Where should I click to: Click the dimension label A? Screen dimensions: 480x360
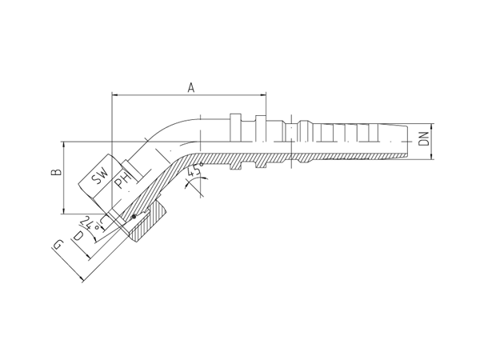[191, 87]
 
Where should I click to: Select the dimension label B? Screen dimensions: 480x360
[57, 172]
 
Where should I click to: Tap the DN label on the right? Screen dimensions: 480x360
[424, 139]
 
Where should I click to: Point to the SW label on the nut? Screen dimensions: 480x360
[101, 176]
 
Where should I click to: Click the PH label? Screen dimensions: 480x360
[122, 181]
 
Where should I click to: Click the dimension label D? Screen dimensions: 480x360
[78, 236]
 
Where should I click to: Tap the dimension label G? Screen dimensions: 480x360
[58, 246]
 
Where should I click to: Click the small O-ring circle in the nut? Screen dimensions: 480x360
[133, 217]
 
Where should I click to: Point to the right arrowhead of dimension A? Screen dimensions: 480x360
[263, 95]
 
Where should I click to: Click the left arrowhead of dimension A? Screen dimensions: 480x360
[115, 95]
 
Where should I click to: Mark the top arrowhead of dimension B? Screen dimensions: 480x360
[64, 145]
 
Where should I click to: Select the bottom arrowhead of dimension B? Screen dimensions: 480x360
[64, 210]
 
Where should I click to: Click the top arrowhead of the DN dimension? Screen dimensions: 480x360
[432, 127]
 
